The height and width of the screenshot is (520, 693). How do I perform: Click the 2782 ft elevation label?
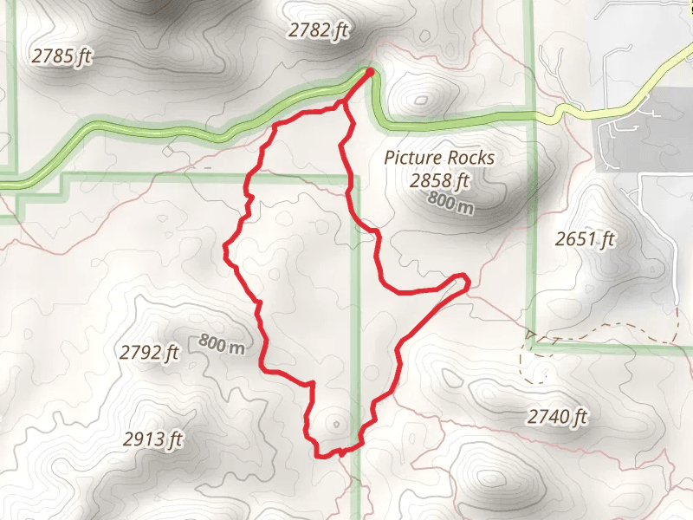click(318, 30)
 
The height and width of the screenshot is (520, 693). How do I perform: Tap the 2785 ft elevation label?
click(62, 56)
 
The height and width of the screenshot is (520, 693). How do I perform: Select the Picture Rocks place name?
click(439, 158)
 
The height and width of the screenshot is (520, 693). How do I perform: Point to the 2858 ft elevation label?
click(439, 180)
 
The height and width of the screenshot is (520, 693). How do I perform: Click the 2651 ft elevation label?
click(585, 238)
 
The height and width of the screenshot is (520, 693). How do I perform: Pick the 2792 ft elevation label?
click(149, 353)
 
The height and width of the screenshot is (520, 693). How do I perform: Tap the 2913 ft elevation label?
click(153, 439)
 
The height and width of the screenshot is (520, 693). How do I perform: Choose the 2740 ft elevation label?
click(557, 418)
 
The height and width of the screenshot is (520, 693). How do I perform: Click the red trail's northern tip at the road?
click(371, 72)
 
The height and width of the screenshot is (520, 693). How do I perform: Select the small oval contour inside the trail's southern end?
click(335, 425)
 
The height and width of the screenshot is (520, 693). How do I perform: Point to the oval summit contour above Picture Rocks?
click(422, 100)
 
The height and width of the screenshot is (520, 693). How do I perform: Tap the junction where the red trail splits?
click(344, 104)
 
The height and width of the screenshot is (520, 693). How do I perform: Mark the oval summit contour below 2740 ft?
click(491, 479)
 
